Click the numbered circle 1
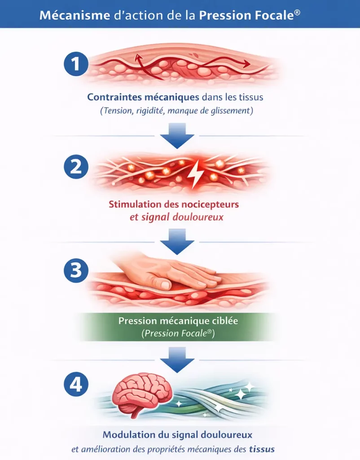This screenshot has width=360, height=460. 75,64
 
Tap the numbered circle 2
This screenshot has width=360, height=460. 75,167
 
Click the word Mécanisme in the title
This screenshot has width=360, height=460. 75,15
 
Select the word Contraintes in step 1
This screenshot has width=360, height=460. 114,97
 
